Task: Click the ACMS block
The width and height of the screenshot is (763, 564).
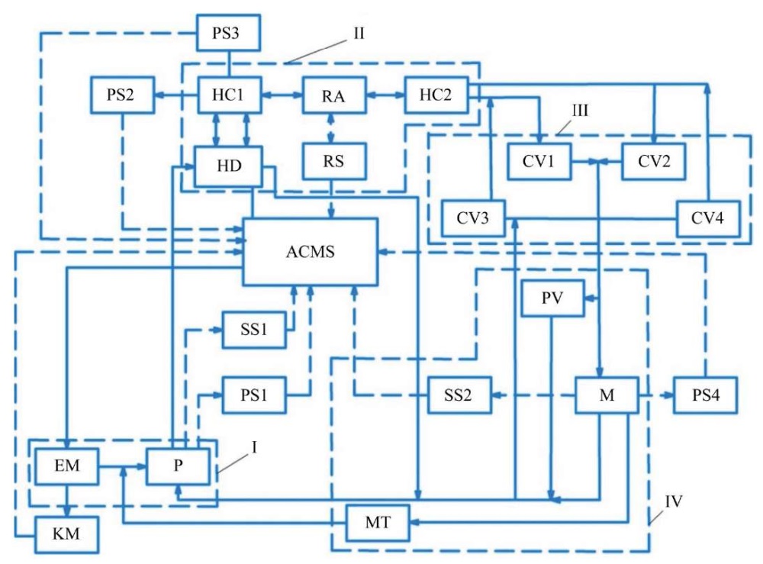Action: [x=311, y=252]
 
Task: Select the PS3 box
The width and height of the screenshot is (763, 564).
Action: [x=228, y=33]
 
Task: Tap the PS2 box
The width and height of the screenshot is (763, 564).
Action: [x=123, y=95]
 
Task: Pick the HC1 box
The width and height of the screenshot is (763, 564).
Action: [x=230, y=95]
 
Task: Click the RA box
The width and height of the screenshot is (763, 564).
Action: [x=334, y=95]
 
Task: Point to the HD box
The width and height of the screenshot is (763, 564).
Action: [x=229, y=166]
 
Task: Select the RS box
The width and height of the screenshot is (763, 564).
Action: [x=334, y=161]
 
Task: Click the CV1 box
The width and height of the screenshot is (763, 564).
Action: [x=539, y=161]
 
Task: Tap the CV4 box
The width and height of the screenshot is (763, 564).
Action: [x=709, y=218]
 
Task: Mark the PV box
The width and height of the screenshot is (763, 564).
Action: [x=552, y=298]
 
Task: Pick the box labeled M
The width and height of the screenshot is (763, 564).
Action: [x=607, y=395]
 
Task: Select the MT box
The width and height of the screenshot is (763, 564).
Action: [x=378, y=523]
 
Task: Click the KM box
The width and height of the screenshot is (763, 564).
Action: [x=66, y=535]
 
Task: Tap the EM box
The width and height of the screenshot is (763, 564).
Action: [x=66, y=466]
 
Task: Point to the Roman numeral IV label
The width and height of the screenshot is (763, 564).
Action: [x=674, y=501]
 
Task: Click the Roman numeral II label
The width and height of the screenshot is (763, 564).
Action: [x=359, y=34]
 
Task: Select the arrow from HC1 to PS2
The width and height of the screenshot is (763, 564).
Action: [x=176, y=95]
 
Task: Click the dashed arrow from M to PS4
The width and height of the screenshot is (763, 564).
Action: [x=656, y=395]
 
